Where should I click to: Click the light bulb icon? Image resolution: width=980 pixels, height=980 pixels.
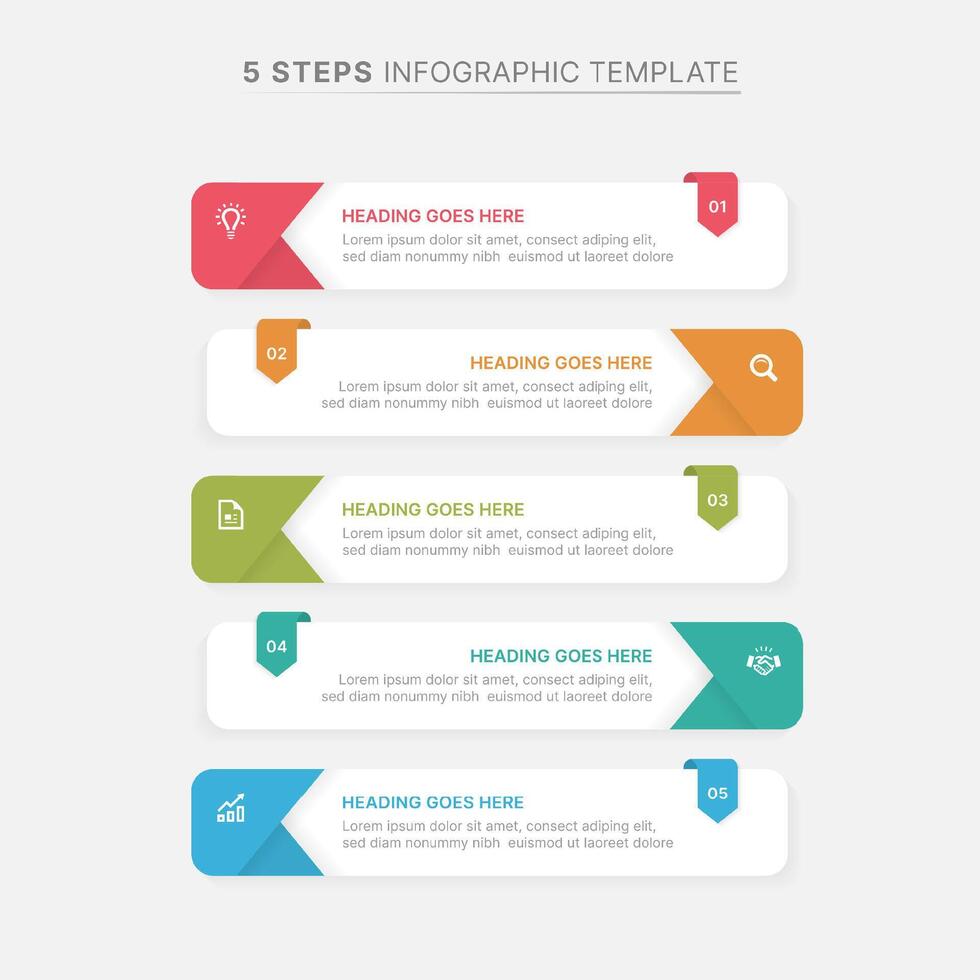[231, 220]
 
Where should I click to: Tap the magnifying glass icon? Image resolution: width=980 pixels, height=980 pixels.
[763, 368]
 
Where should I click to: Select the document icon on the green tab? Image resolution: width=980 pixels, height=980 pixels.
[231, 515]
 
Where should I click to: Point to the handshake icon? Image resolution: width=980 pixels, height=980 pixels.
[763, 661]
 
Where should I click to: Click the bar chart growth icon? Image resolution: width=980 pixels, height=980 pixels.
[231, 808]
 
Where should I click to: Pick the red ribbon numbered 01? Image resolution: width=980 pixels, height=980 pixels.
[717, 206]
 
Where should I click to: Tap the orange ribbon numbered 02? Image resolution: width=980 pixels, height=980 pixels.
[277, 353]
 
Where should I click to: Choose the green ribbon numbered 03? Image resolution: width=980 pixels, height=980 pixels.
[717, 499]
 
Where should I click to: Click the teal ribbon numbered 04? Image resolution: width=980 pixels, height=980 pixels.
[277, 646]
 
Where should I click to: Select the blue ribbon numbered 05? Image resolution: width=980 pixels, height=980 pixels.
[717, 793]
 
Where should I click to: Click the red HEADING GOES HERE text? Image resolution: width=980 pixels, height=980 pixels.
[433, 216]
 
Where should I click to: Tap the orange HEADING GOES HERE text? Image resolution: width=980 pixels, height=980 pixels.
[561, 363]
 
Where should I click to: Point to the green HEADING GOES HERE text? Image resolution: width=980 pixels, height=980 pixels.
[433, 510]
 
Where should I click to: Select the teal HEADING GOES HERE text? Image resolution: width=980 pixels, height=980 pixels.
[561, 656]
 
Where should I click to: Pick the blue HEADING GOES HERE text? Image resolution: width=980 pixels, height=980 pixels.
[433, 803]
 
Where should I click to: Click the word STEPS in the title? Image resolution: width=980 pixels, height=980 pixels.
[322, 72]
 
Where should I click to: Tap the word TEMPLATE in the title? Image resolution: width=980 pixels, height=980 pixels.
[663, 72]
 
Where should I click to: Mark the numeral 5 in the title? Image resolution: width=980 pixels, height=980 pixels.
[251, 72]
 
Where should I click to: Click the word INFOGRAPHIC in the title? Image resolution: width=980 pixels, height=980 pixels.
[481, 72]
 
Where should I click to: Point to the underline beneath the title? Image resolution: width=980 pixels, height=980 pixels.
[491, 92]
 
